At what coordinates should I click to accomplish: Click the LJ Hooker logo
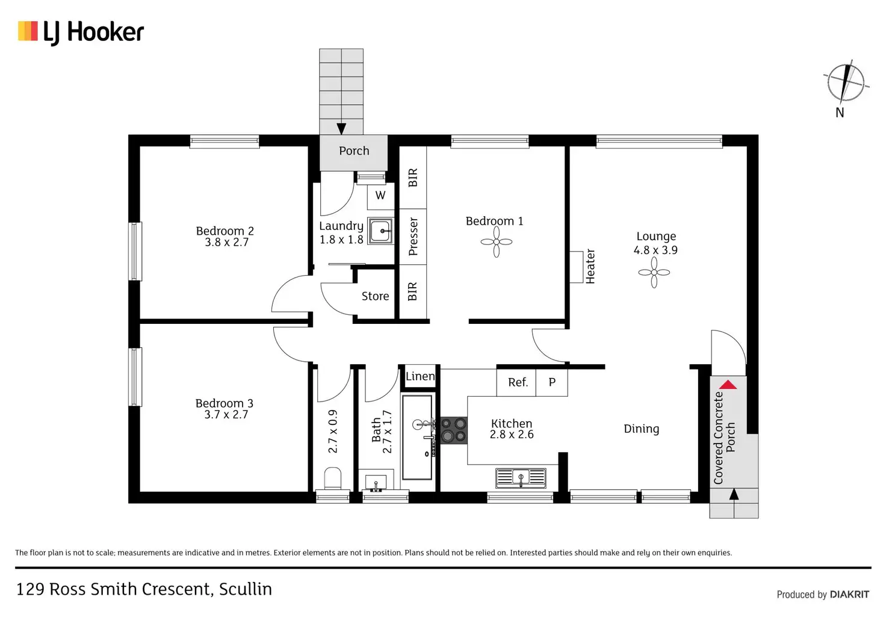(x=81, y=32)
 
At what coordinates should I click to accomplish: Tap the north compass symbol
(x=845, y=84)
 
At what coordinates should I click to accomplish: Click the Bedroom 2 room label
(x=225, y=231)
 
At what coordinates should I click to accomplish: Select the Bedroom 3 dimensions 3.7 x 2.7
(x=226, y=415)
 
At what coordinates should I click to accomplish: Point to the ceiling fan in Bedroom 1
(x=497, y=242)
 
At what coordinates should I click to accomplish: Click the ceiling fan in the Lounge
(x=654, y=273)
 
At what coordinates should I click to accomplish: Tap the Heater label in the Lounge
(x=590, y=266)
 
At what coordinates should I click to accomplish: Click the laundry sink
(x=380, y=231)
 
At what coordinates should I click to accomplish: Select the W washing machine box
(x=380, y=196)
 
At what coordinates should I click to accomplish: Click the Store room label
(x=375, y=296)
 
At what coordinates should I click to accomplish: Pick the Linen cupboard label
(x=420, y=377)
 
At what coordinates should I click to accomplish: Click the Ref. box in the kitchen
(x=518, y=382)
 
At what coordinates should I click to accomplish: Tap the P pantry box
(x=552, y=382)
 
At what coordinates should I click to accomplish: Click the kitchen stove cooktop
(x=454, y=430)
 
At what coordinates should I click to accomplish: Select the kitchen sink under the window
(x=521, y=478)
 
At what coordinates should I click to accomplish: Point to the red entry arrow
(x=728, y=385)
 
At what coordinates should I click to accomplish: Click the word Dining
(x=641, y=429)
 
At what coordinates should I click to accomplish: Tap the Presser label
(x=413, y=237)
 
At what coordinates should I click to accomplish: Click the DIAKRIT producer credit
(x=849, y=595)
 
